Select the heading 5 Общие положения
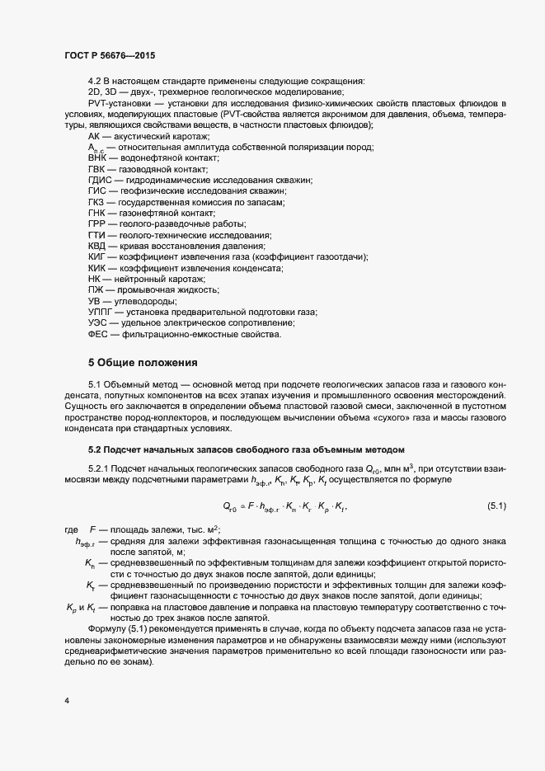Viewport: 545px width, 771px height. (x=143, y=363)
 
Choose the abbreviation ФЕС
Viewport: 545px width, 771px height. (x=97, y=335)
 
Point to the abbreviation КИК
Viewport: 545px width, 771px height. (x=96, y=268)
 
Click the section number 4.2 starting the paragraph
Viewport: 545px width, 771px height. (x=95, y=81)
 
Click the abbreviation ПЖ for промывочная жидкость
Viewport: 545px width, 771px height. (x=95, y=290)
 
